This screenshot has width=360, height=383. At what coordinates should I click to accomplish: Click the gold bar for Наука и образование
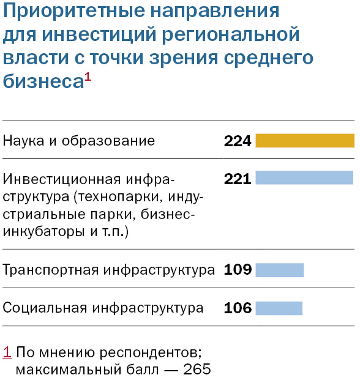tap(304, 141)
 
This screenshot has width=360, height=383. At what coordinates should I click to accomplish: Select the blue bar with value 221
tap(304, 178)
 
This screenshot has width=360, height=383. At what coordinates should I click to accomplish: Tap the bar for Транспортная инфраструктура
tap(279, 270)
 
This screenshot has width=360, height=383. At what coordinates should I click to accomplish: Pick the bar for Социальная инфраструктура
tap(279, 308)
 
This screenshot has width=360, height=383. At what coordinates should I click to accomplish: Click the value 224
tap(238, 141)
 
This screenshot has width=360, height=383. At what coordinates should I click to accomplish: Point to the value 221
tap(238, 179)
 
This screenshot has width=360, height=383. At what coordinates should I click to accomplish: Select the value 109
tap(238, 270)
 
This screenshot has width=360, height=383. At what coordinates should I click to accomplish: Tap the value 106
tap(238, 308)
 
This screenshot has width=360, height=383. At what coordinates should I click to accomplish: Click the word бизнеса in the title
tap(42, 81)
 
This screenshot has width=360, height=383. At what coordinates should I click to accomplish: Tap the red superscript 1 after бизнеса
tap(87, 76)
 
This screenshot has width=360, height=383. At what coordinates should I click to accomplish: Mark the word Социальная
tap(44, 308)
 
